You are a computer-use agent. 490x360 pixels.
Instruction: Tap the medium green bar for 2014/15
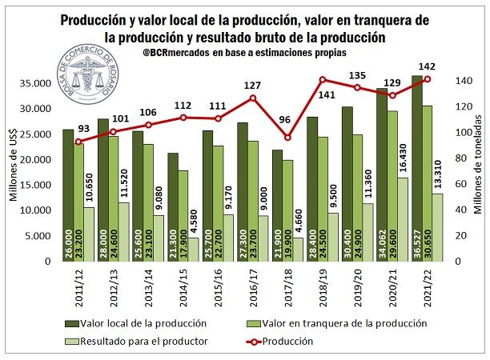[x=183, y=216]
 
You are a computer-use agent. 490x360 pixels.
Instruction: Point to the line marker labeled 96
[x=289, y=138]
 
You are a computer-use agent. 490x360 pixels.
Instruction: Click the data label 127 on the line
[x=254, y=86]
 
